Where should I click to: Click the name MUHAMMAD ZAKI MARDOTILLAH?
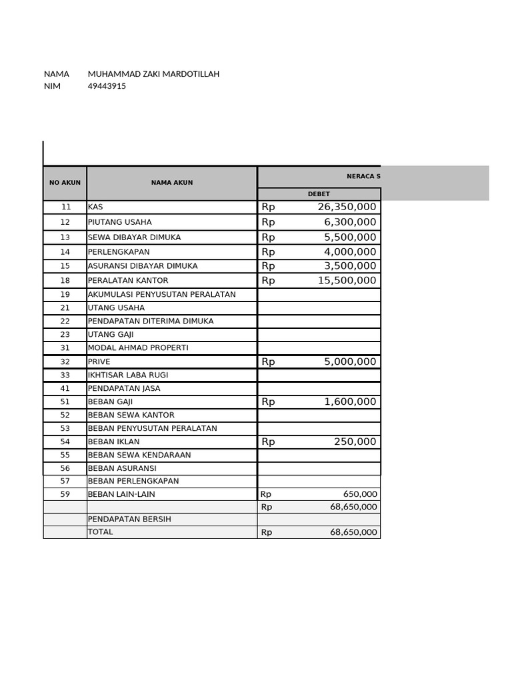pyautogui.click(x=153, y=74)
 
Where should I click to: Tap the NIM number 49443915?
pyautogui.click(x=107, y=86)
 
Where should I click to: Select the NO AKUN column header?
pyautogui.click(x=65, y=183)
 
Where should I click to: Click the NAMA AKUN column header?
pyautogui.click(x=171, y=183)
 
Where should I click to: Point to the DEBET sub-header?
pyautogui.click(x=318, y=194)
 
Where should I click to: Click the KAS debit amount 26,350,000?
pyautogui.click(x=347, y=207)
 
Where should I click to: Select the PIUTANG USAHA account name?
pyautogui.click(x=119, y=222)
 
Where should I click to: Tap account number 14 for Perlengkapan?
pyautogui.click(x=65, y=252)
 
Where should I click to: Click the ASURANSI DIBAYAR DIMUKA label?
pyautogui.click(x=133, y=266)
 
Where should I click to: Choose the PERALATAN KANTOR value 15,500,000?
pyautogui.click(x=347, y=281)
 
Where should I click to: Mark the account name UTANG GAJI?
pyautogui.click(x=111, y=335)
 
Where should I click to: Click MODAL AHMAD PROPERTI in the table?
pyautogui.click(x=138, y=348)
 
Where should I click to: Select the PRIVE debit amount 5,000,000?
pyautogui.click(x=350, y=362)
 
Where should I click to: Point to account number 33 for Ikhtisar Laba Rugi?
pyautogui.click(x=65, y=375)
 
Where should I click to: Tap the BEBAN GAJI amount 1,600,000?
pyautogui.click(x=350, y=402)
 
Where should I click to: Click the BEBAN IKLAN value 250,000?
pyautogui.click(x=355, y=442)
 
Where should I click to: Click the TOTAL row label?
pyautogui.click(x=101, y=532)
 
